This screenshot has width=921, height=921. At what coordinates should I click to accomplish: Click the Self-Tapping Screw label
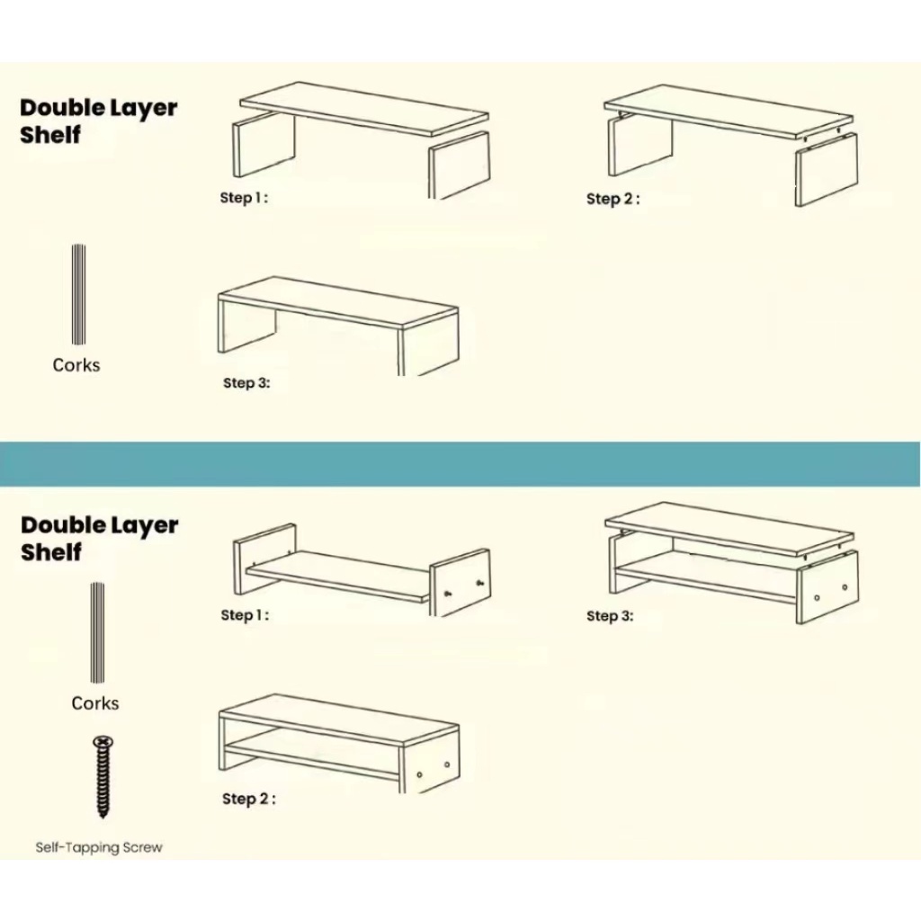(99, 847)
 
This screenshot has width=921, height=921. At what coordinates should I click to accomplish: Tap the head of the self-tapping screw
(103, 742)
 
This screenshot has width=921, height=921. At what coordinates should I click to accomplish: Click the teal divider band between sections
(460, 464)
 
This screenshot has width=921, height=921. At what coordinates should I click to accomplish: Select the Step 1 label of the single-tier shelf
(244, 198)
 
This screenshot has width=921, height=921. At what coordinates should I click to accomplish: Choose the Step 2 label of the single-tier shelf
(613, 199)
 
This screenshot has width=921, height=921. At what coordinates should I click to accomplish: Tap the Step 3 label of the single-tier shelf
(246, 383)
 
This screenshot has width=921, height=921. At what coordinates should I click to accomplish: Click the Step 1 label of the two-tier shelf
(245, 615)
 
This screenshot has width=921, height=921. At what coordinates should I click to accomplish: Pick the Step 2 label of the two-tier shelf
(248, 799)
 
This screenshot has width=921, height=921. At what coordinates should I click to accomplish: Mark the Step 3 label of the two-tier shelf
(610, 616)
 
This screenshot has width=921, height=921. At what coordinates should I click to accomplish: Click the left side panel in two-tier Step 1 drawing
(264, 559)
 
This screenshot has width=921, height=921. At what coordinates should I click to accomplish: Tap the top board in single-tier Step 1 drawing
(364, 107)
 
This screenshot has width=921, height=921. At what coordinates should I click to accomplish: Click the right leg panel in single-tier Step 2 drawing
(826, 169)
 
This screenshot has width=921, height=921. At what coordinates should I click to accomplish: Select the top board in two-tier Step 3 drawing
(729, 528)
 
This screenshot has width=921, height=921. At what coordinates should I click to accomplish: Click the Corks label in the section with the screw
(95, 703)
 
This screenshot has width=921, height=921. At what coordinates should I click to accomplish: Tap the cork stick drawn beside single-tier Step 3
(79, 294)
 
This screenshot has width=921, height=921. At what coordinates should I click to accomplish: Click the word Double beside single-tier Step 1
(62, 108)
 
